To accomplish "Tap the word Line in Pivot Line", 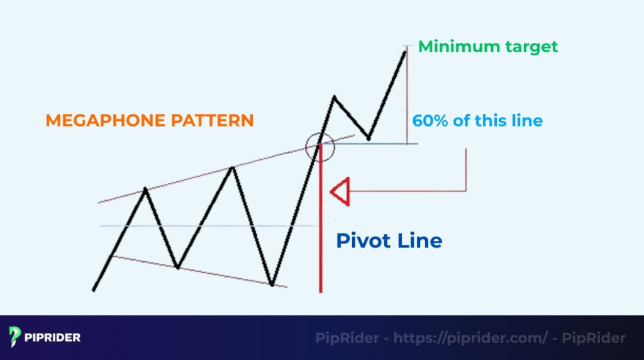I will (421, 240).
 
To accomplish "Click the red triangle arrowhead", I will (340, 191).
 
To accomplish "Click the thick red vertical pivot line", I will (321, 239).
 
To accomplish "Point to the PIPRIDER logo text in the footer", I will (52, 337).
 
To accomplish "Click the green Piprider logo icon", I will (15, 337).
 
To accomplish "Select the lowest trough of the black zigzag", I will (272, 284).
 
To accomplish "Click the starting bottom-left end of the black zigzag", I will (94, 290).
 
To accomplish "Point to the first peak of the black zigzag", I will (146, 188).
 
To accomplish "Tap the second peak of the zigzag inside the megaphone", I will (233, 167).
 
